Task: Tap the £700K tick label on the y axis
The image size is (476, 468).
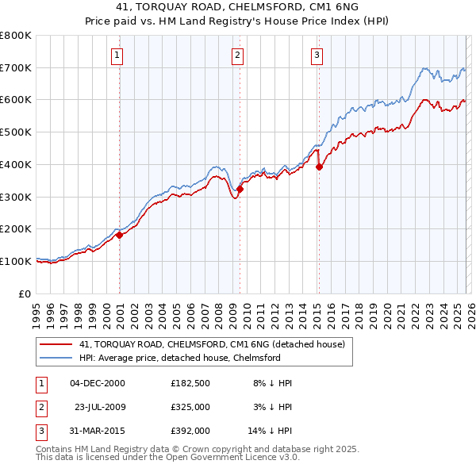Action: (16, 67)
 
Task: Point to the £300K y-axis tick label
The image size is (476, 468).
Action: (16, 197)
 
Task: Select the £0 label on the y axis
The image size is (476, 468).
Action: (25, 293)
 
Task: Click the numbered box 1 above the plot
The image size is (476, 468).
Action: (117, 55)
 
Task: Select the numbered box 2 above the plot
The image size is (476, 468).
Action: (237, 55)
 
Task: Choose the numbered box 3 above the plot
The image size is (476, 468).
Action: (317, 55)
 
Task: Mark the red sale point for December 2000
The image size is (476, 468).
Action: (119, 235)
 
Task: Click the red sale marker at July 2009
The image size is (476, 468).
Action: (240, 189)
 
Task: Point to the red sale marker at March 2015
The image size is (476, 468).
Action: (319, 167)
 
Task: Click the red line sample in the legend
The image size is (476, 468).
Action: (56, 345)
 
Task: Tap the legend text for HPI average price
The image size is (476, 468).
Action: (179, 358)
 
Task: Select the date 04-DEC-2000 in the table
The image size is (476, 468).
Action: (97, 383)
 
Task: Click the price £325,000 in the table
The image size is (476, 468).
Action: (190, 407)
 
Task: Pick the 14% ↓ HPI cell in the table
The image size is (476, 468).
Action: (269, 431)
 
